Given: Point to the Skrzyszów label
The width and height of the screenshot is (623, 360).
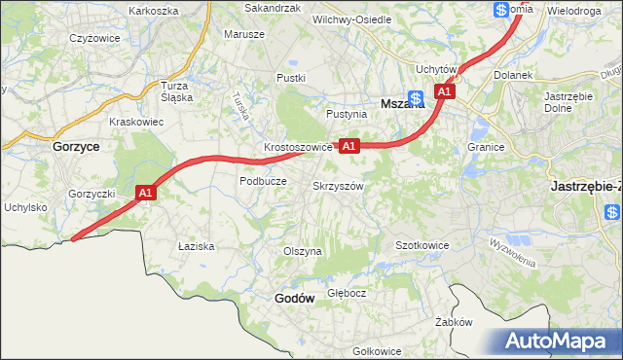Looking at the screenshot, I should pos(338,185).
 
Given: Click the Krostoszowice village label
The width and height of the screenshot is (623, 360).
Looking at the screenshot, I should pos(299,148).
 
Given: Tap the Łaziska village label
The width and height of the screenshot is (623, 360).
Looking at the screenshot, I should pos(196,246).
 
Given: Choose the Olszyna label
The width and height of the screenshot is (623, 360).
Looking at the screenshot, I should pos(302,251).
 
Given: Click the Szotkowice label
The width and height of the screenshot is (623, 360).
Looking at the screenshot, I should pos(421,245).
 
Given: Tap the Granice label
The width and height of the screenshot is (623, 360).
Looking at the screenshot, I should pos(485,147).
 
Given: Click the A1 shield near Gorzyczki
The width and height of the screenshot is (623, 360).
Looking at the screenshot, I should pos(146,194).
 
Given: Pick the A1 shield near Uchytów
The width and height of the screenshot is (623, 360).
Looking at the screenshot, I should pos(445,91).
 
